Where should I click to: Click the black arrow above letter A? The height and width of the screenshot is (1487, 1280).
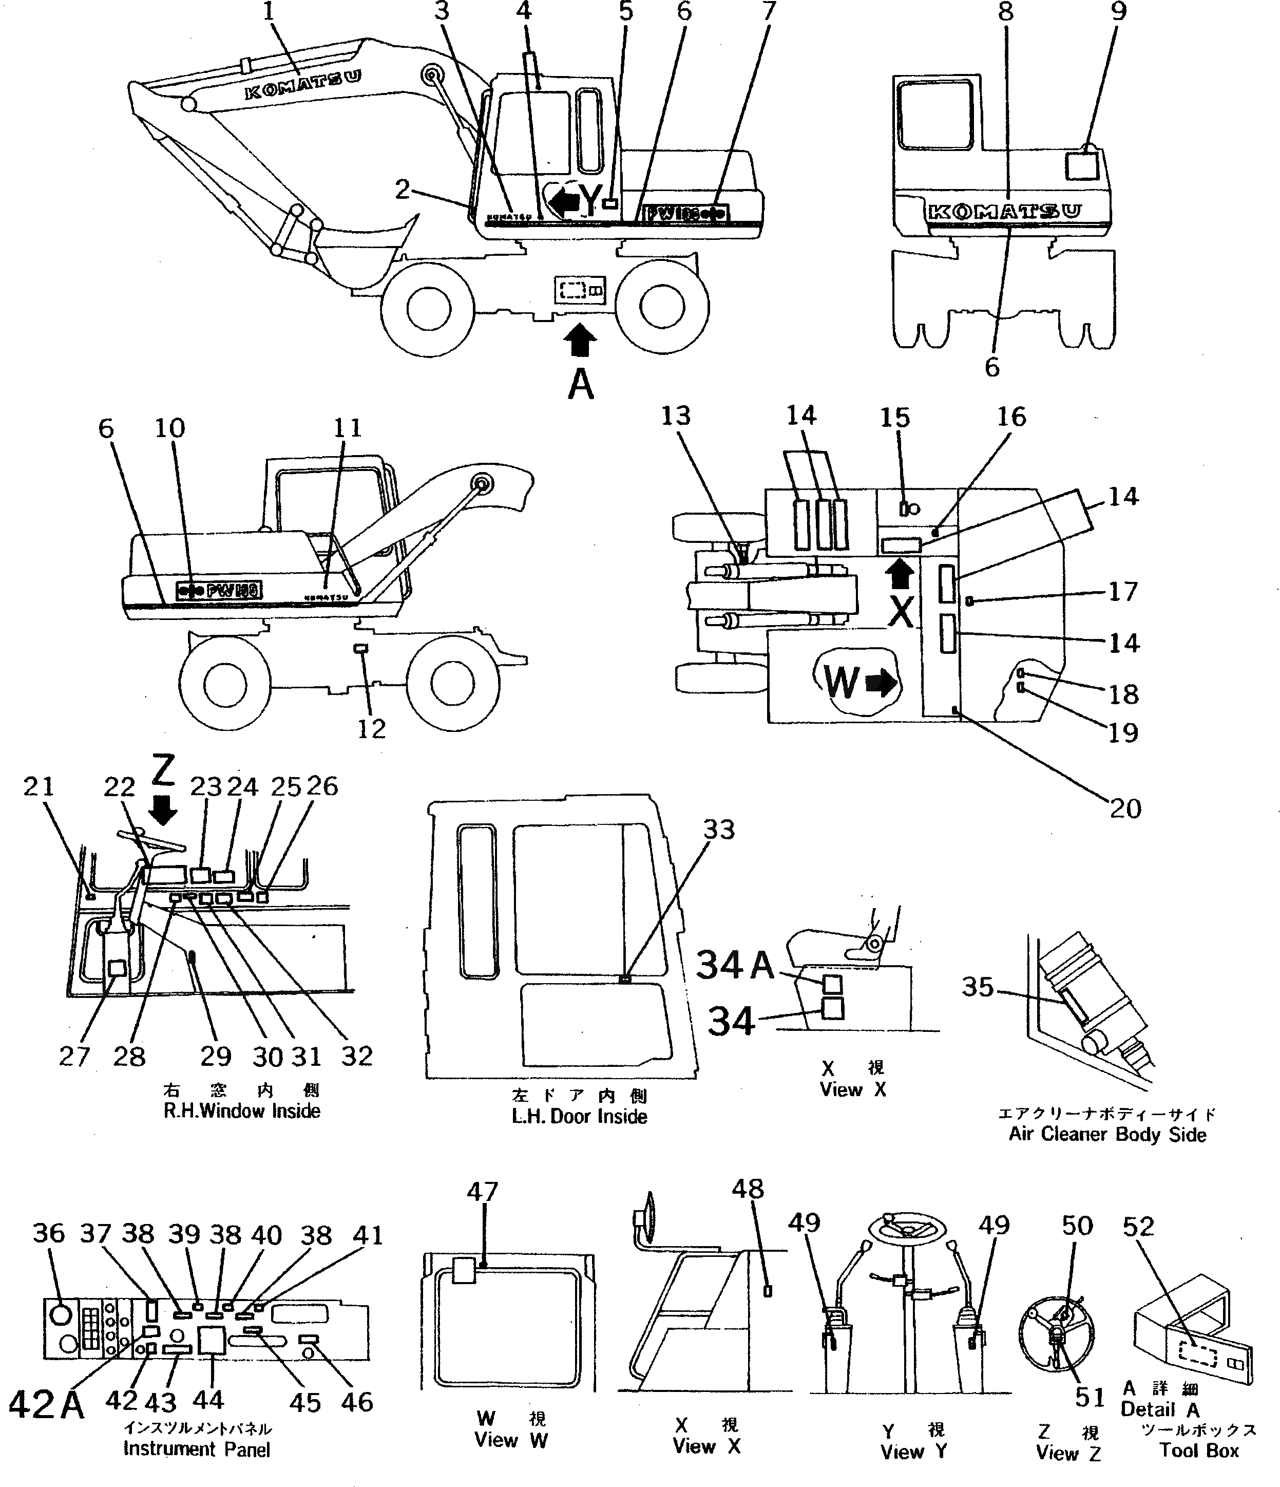click(x=581, y=340)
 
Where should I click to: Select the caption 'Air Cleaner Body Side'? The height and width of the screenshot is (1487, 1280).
click(x=1107, y=1134)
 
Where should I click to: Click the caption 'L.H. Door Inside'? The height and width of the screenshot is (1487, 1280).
click(x=579, y=1117)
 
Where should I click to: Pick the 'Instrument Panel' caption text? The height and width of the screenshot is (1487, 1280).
click(x=197, y=1449)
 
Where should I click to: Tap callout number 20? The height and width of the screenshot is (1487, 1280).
click(x=1124, y=809)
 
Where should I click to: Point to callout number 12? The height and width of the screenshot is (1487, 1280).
click(x=371, y=729)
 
